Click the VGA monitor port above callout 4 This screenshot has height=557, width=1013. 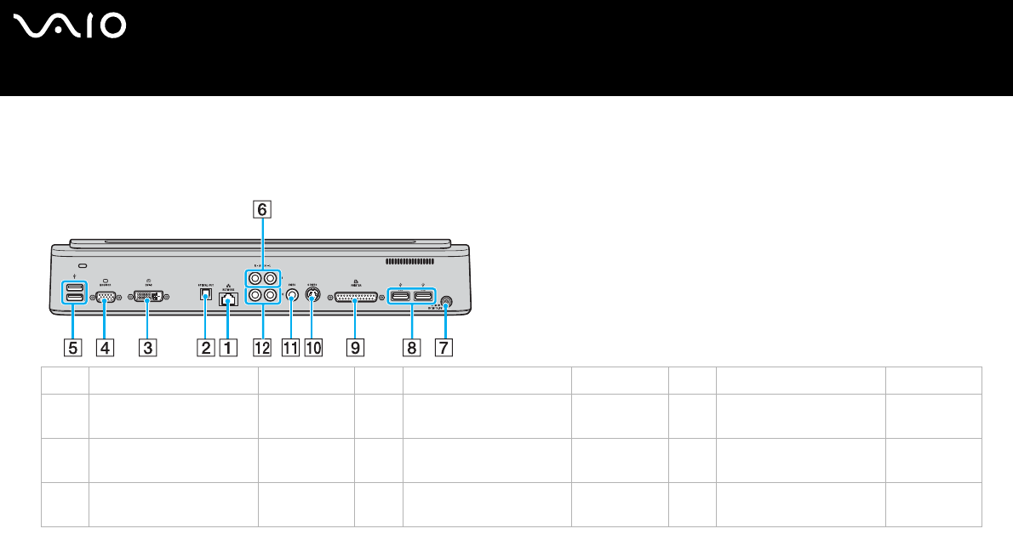pyautogui.click(x=106, y=298)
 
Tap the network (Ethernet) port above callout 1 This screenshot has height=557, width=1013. pyautogui.click(x=227, y=299)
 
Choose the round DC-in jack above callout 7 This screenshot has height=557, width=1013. pyautogui.click(x=444, y=300)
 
